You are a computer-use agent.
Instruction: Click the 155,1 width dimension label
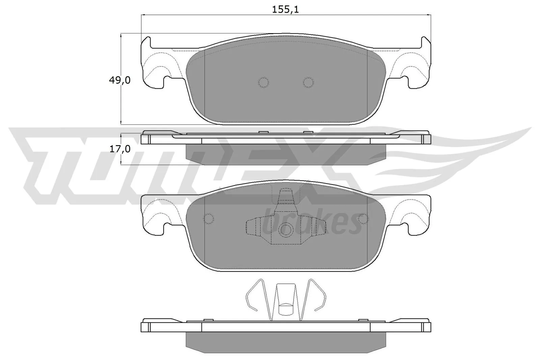[x=286, y=9]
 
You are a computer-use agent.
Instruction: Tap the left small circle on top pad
[x=263, y=82]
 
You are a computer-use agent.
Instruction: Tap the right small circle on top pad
[x=308, y=82]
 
